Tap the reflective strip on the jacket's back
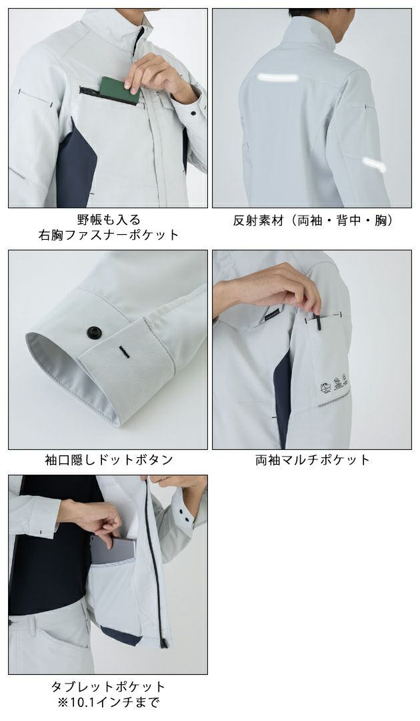[x=279, y=77]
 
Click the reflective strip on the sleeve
[x=374, y=164]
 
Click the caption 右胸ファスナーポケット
[x=108, y=234]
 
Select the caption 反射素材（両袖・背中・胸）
[x=312, y=220]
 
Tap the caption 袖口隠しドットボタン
[x=108, y=459]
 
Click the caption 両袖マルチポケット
[x=312, y=459]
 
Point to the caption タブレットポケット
[x=108, y=686]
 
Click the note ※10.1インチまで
[x=108, y=702]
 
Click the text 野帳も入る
[x=108, y=219]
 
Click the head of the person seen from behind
[x=313, y=13]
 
